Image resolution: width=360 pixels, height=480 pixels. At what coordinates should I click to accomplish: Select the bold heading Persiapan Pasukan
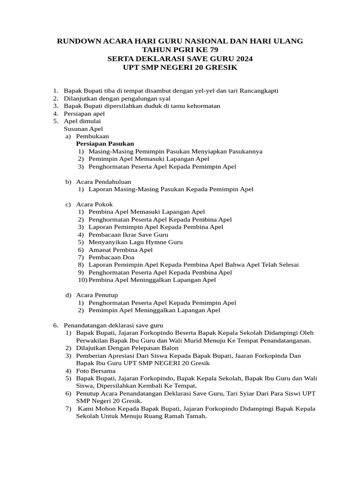[x=105, y=143]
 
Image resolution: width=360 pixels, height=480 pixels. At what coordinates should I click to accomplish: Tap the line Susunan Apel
[x=83, y=128]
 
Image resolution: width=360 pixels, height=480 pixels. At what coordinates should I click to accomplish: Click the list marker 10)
[x=82, y=280]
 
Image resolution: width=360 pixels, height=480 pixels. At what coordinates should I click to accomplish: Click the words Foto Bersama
[x=96, y=371]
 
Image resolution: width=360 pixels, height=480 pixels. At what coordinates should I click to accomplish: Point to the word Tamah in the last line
[x=195, y=416]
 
